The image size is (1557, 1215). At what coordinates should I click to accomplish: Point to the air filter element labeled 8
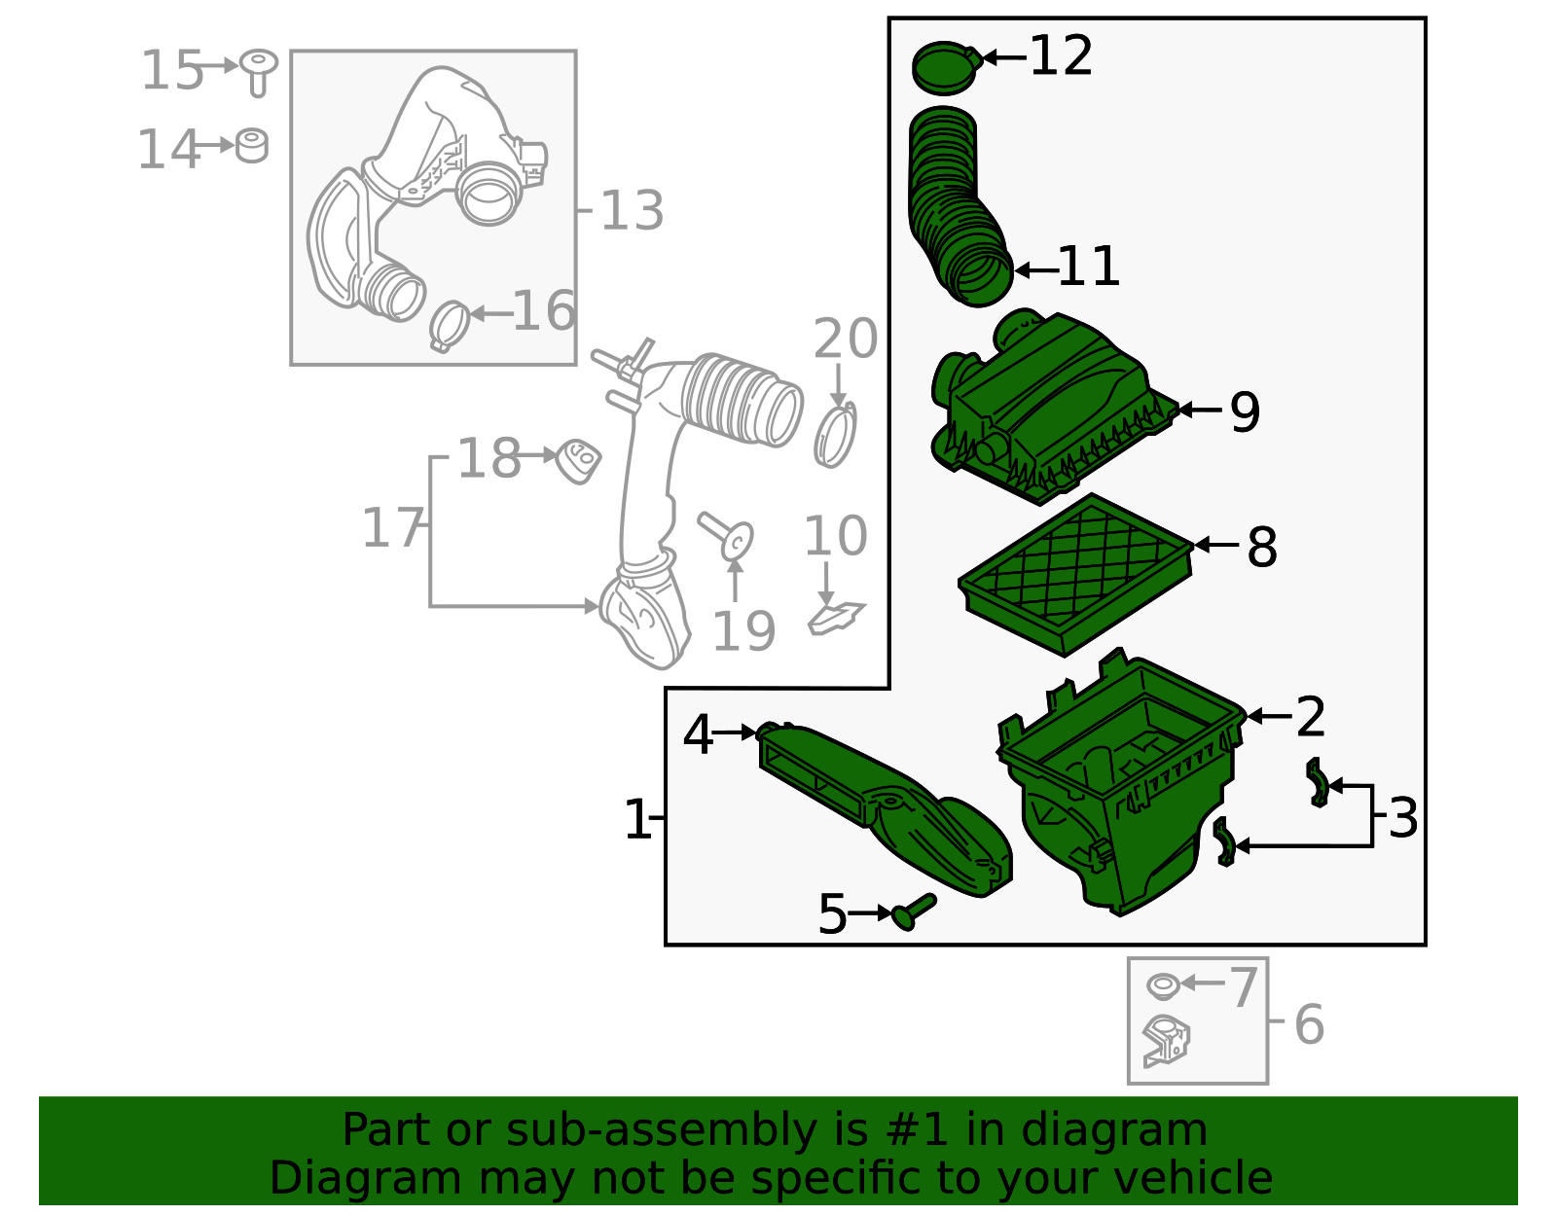[1075, 574]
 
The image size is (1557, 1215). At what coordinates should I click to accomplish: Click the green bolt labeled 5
[913, 911]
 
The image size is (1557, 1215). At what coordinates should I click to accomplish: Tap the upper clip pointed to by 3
[1317, 783]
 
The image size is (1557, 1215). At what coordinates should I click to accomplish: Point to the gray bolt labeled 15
[259, 71]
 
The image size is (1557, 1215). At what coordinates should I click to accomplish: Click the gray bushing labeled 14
[252, 146]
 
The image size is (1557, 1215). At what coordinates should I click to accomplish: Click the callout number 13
[632, 210]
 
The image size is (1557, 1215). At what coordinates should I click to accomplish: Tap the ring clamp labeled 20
[835, 436]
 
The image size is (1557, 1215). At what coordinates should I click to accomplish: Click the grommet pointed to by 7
[1162, 985]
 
